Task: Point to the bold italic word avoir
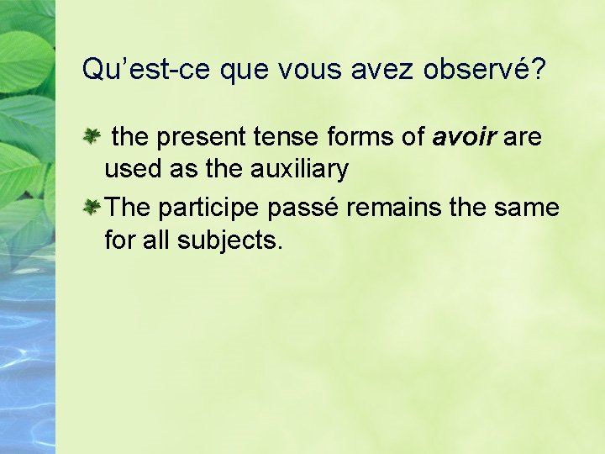point(464,137)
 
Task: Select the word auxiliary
point(299,170)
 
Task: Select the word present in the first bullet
point(199,137)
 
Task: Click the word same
point(528,208)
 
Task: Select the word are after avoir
point(523,137)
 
